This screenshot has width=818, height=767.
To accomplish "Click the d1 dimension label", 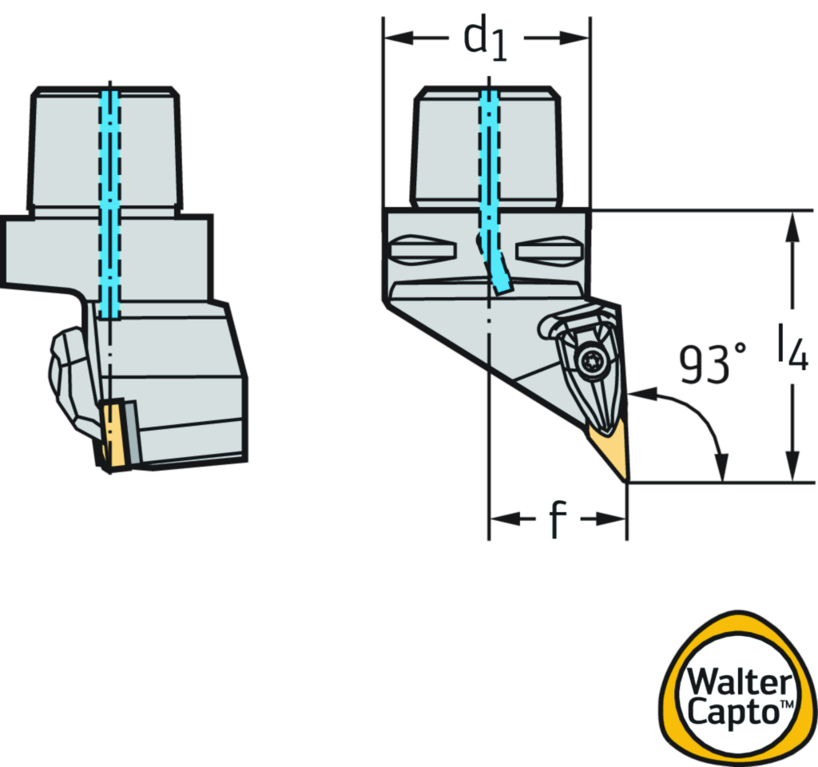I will point(485,38).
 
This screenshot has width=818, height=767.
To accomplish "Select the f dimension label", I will point(558,520).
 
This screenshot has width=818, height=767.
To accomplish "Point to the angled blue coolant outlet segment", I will point(497,268).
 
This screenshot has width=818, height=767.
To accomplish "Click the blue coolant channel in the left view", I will point(110,200).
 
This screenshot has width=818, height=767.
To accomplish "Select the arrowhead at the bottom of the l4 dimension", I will point(792,467).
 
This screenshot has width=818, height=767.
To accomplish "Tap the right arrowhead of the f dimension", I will point(614,519).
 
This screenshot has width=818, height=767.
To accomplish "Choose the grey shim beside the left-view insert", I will point(130,432).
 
